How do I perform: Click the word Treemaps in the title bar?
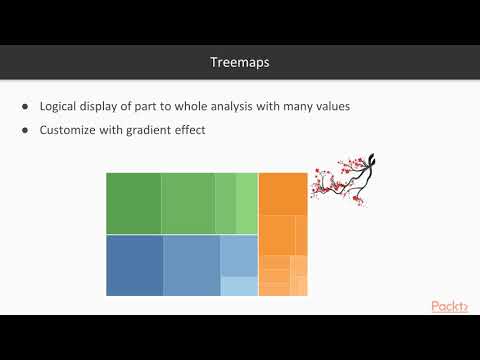[x=240, y=62]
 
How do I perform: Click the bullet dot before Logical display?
[x=25, y=107]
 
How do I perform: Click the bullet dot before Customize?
[x=25, y=130]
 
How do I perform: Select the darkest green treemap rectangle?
[x=134, y=203]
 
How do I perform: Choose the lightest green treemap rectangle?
[x=247, y=203]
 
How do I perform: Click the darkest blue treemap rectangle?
[x=134, y=265]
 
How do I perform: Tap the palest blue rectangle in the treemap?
[x=239, y=286]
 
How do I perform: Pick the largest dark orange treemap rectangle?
[x=283, y=193]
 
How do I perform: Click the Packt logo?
[x=449, y=306]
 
